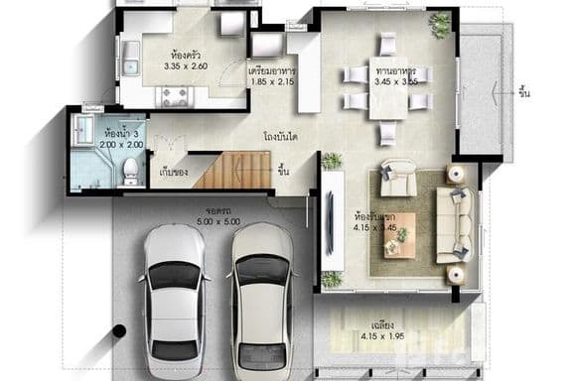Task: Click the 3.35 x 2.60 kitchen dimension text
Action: [185, 65]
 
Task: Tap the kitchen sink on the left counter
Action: [130, 54]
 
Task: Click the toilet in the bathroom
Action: [130, 174]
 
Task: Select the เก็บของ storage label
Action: [173, 172]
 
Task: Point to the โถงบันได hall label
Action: [282, 135]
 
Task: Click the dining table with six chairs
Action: [386, 86]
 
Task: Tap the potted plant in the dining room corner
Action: [439, 22]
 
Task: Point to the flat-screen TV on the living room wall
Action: [329, 222]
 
